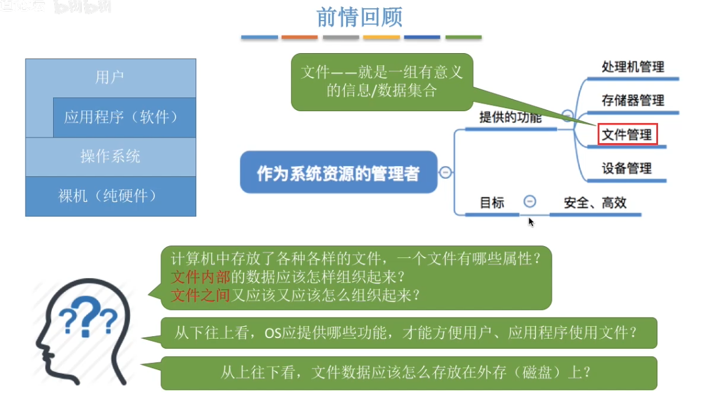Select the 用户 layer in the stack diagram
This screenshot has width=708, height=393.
pos(110,77)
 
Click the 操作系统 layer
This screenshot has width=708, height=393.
pos(110,156)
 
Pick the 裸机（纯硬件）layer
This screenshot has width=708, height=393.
pos(110,196)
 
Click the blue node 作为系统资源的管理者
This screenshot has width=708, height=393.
pos(338,172)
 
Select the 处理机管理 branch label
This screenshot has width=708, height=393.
pos(632,67)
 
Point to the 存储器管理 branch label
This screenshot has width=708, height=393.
pos(632,101)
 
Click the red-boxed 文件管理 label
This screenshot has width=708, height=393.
pos(627,134)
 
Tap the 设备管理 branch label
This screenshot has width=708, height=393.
pos(627,168)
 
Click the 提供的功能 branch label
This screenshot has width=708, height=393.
pos(510,117)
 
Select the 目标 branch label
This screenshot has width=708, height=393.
pos(492,202)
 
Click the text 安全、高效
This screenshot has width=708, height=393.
pos(595,202)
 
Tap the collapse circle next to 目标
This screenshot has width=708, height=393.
pos(530,202)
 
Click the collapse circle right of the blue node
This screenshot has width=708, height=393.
pos(446,172)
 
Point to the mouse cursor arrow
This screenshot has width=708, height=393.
pos(531,221)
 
